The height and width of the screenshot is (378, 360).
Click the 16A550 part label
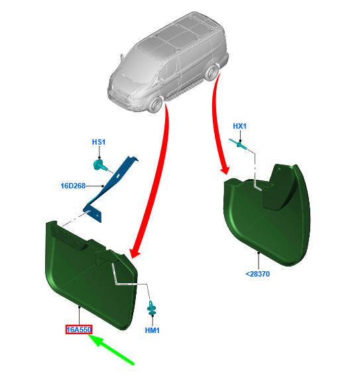coord(79,330)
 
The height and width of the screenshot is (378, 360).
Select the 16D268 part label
coord(73,186)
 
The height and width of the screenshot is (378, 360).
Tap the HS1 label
coord(99,142)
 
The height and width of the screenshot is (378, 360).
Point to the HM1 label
coord(152,330)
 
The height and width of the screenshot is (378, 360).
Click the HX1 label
coord(240,126)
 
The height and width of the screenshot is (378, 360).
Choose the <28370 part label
coord(258,274)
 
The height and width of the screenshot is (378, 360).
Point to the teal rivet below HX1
coord(239,144)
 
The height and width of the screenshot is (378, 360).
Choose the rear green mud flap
coord(267,217)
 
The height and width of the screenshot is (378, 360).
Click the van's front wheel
coord(155,105)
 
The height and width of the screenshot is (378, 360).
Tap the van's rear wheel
coord(211,72)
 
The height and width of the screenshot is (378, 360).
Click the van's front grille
coord(118,96)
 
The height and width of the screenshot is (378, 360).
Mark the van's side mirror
coord(122,57)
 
